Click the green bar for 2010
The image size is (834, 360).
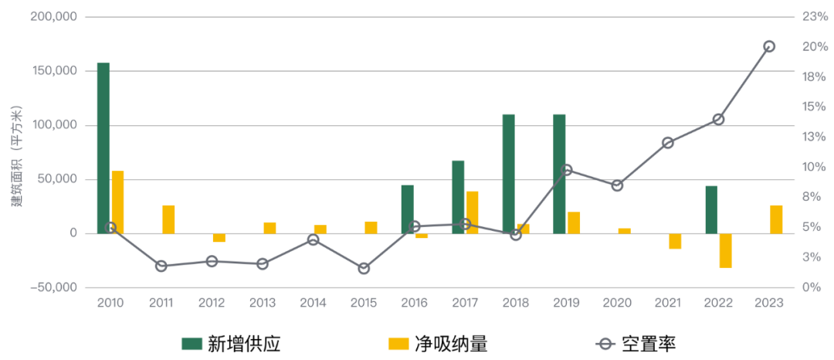click(103, 148)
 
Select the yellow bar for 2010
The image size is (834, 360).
click(117, 202)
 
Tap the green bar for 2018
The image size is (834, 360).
click(508, 173)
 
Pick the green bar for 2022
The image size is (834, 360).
click(710, 209)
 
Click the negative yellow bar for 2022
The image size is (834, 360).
click(725, 250)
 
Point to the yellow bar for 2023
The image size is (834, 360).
click(776, 219)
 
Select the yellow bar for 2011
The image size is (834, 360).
click(168, 219)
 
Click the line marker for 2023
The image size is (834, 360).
click(769, 46)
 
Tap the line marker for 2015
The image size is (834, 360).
click(364, 268)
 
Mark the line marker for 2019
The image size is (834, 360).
click(567, 169)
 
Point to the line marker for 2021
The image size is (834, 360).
click(668, 143)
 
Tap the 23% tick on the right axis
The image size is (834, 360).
click(814, 16)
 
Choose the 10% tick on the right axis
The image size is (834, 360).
click(814, 167)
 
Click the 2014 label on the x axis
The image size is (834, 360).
click(314, 303)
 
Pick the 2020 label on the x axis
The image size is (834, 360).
click(617, 303)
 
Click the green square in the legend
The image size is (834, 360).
click(192, 344)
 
